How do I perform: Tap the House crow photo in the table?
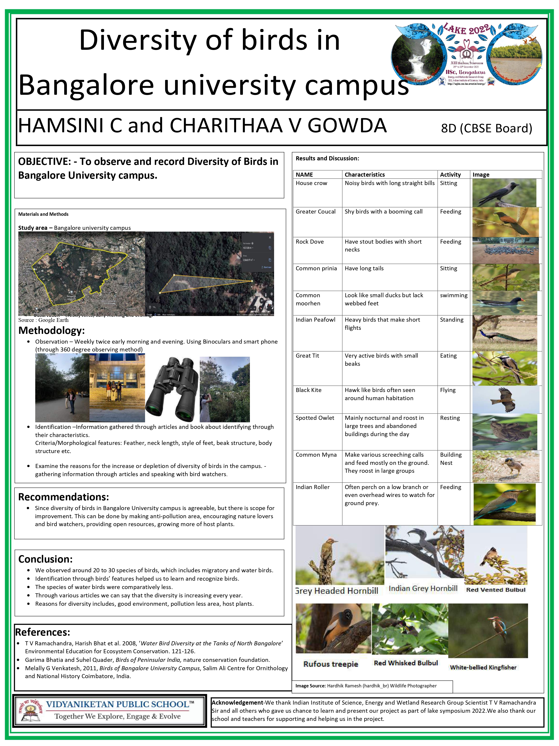point(504,193)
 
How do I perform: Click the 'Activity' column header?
point(450,174)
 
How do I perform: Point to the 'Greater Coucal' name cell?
point(315,211)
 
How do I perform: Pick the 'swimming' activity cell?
point(453,295)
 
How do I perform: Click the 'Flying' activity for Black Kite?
point(447,390)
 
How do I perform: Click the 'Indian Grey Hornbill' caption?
point(423,589)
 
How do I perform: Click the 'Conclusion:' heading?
point(45,559)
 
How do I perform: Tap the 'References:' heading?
point(42,632)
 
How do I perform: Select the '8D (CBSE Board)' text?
point(486,128)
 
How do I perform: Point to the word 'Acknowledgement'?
point(237,703)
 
